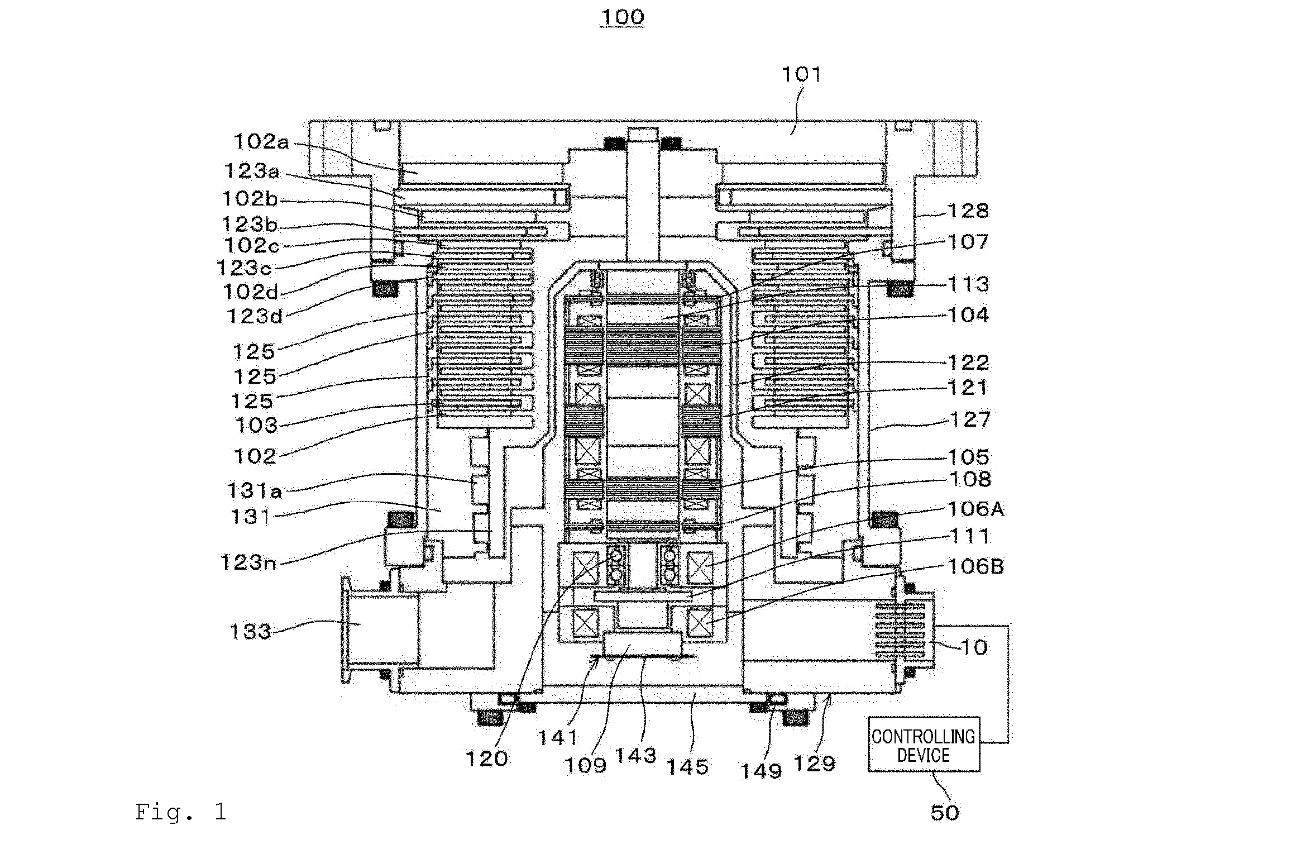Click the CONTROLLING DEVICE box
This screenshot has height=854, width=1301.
click(x=924, y=744)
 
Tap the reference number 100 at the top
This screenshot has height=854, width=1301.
click(x=622, y=17)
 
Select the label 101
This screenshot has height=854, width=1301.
click(x=801, y=74)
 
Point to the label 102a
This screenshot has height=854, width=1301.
click(x=261, y=141)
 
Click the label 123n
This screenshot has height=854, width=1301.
click(x=248, y=562)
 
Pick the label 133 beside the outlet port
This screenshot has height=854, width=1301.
click(x=250, y=632)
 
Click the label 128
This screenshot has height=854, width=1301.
click(x=969, y=211)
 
